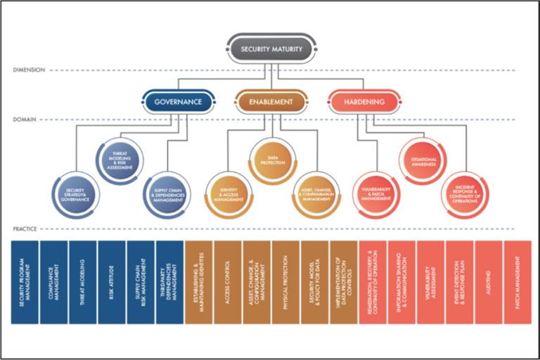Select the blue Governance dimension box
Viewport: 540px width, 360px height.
coord(178,102)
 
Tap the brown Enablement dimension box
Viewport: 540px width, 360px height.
coord(271,102)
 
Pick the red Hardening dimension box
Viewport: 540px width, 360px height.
coord(365,102)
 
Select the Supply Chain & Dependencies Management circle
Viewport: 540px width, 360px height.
coord(168,194)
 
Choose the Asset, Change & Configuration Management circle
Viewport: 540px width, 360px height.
coord(316,194)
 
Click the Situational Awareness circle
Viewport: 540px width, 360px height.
coord(424,161)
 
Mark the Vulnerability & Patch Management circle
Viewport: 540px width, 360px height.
coord(375,194)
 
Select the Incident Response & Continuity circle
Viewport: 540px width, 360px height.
coord(465,194)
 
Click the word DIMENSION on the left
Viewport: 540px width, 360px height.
coord(29,70)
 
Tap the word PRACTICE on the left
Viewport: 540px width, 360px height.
coord(27,230)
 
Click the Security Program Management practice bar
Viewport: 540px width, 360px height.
coord(25,282)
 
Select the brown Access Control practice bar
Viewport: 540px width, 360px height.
coord(227,282)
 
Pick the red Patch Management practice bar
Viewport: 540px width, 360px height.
coord(517,282)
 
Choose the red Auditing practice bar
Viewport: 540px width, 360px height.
coord(488,282)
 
